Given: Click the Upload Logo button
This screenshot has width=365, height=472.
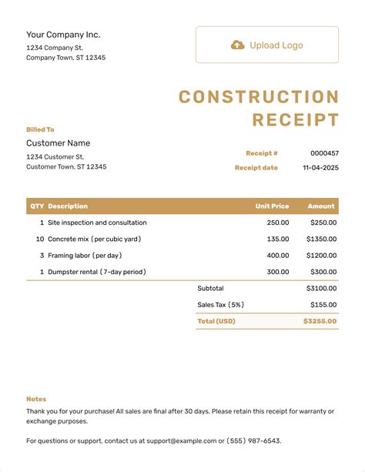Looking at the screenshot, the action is pyautogui.click(x=266, y=45).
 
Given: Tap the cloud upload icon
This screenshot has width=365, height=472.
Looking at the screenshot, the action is pyautogui.click(x=237, y=45).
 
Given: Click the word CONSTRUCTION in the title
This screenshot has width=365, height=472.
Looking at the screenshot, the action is pyautogui.click(x=259, y=97).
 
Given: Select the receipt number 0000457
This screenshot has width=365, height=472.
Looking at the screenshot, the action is pyautogui.click(x=324, y=153).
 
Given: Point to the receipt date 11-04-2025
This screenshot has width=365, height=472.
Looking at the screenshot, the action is pyautogui.click(x=320, y=167).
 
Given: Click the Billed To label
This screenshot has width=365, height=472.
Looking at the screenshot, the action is pyautogui.click(x=40, y=129).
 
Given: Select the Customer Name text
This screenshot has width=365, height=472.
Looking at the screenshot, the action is pyautogui.click(x=59, y=143).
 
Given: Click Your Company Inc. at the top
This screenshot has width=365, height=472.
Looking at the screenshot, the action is pyautogui.click(x=63, y=35).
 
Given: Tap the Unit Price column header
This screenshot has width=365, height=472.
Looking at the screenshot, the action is pyautogui.click(x=272, y=206).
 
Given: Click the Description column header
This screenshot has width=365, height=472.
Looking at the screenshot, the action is pyautogui.click(x=68, y=206).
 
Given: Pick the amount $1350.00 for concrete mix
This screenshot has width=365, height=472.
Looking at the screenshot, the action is pyautogui.click(x=321, y=239).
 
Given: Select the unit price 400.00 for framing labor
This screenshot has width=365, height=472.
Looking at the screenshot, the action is pyautogui.click(x=278, y=255).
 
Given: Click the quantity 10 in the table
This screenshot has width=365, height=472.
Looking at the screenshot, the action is pyautogui.click(x=40, y=239).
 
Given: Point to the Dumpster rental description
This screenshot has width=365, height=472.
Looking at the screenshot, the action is pyautogui.click(x=97, y=272).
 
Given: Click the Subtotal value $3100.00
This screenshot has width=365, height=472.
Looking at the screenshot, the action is pyautogui.click(x=321, y=289).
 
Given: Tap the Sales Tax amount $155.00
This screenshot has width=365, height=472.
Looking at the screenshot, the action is pyautogui.click(x=323, y=305).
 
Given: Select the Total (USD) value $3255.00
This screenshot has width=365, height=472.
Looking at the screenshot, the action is pyautogui.click(x=320, y=321).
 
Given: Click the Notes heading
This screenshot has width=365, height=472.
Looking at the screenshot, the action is pyautogui.click(x=36, y=399).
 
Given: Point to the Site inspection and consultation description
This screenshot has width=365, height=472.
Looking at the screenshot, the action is pyautogui.click(x=97, y=223).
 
